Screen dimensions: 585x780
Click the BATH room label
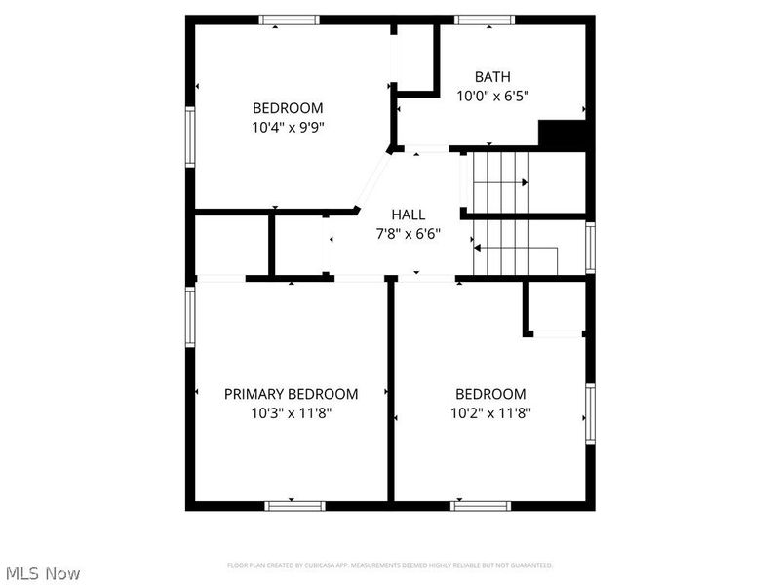tap(492, 77)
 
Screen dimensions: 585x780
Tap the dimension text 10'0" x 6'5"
tap(492, 96)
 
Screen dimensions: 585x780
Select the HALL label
tap(409, 214)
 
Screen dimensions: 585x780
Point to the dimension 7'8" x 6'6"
tap(409, 233)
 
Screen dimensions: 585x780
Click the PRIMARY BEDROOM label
tap(291, 394)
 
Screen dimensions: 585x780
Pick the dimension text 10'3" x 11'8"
tap(291, 412)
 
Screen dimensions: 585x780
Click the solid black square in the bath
tap(562, 135)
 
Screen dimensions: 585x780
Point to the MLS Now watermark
tap(43, 573)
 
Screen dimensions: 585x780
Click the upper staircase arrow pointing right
tap(525, 181)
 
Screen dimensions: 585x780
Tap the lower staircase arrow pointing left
tap(479, 249)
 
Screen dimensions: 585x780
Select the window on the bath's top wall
tap(486, 19)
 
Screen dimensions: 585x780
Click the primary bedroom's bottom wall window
tap(294, 505)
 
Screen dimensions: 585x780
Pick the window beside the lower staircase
tap(590, 247)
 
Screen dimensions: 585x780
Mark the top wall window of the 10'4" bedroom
tap(289, 19)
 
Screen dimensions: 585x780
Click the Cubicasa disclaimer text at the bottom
tap(390, 565)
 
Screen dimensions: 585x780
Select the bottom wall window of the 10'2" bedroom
tap(481, 505)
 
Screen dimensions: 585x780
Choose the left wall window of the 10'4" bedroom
tap(191, 136)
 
